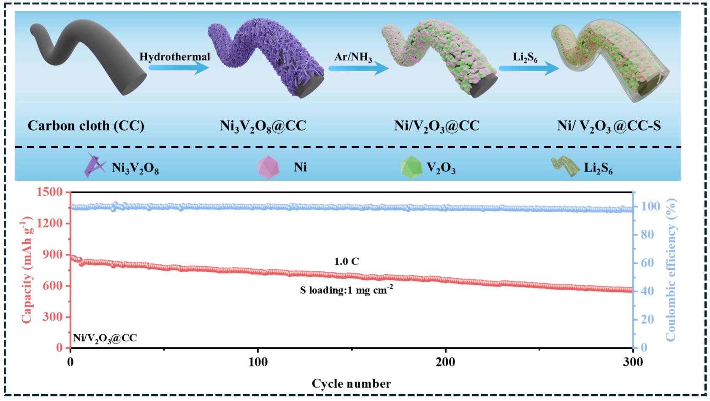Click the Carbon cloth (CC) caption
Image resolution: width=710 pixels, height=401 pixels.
coord(86,126)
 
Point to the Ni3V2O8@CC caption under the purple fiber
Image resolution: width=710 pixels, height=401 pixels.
coord(263,126)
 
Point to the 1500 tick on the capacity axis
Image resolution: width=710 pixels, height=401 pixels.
coord(54,192)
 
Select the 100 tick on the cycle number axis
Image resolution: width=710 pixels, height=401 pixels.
coord(258,362)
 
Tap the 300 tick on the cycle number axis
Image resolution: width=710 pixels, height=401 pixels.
coord(633,362)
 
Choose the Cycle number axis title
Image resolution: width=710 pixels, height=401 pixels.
coord(351,384)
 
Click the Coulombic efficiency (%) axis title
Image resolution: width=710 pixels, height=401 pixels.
coord(671,270)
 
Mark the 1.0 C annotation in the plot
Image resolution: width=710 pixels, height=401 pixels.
coord(347,262)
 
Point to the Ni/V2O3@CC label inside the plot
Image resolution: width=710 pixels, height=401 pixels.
coord(105,338)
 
